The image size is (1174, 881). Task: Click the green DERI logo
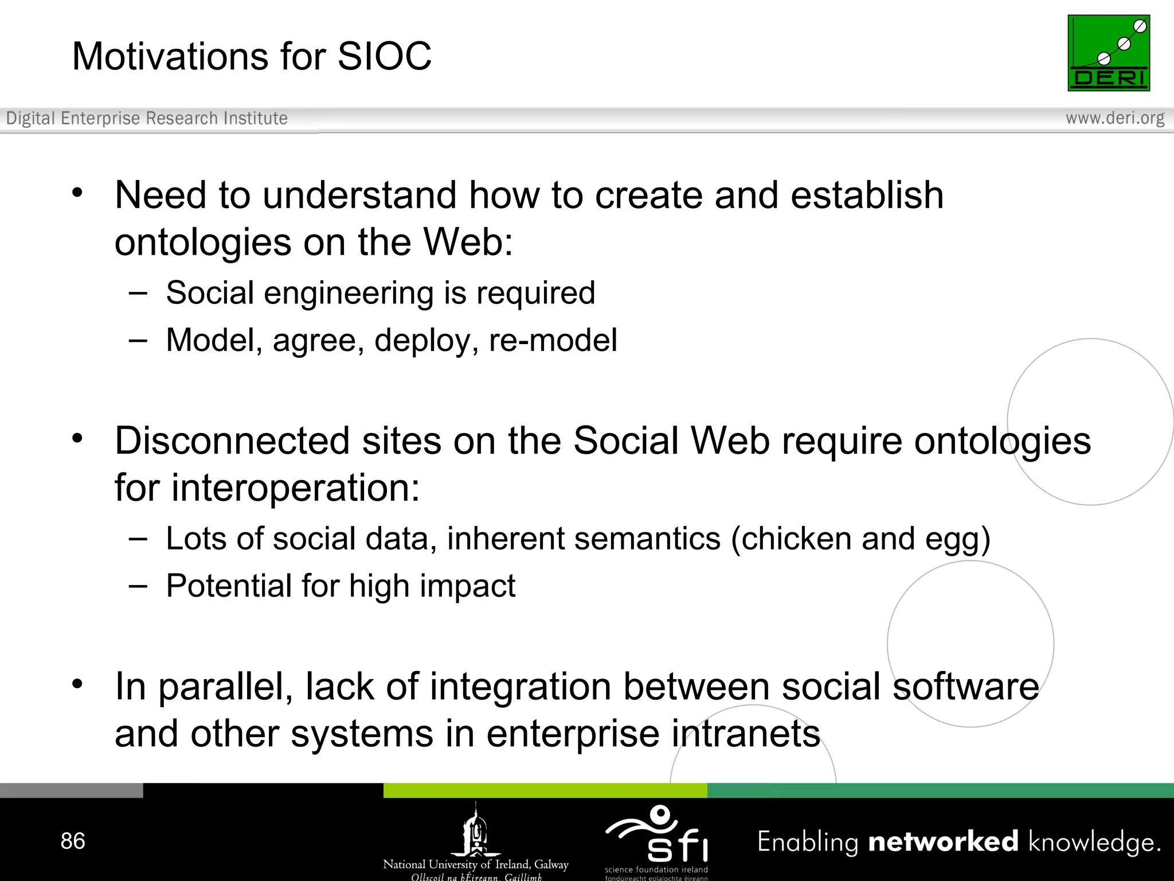tap(1108, 53)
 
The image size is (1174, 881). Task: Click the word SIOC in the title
tap(384, 57)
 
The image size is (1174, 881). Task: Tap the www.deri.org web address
tap(1114, 118)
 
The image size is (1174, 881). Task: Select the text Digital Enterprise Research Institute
tap(147, 118)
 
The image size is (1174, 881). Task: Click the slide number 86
tap(73, 841)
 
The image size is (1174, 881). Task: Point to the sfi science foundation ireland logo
tap(658, 839)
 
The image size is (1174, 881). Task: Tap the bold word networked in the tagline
tap(943, 841)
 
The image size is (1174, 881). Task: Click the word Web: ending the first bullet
tap(468, 242)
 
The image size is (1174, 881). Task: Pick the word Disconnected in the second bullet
tap(232, 441)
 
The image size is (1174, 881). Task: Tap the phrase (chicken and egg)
tap(860, 539)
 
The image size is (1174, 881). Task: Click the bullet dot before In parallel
tap(77, 684)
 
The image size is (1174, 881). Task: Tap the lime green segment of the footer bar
tap(545, 790)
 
